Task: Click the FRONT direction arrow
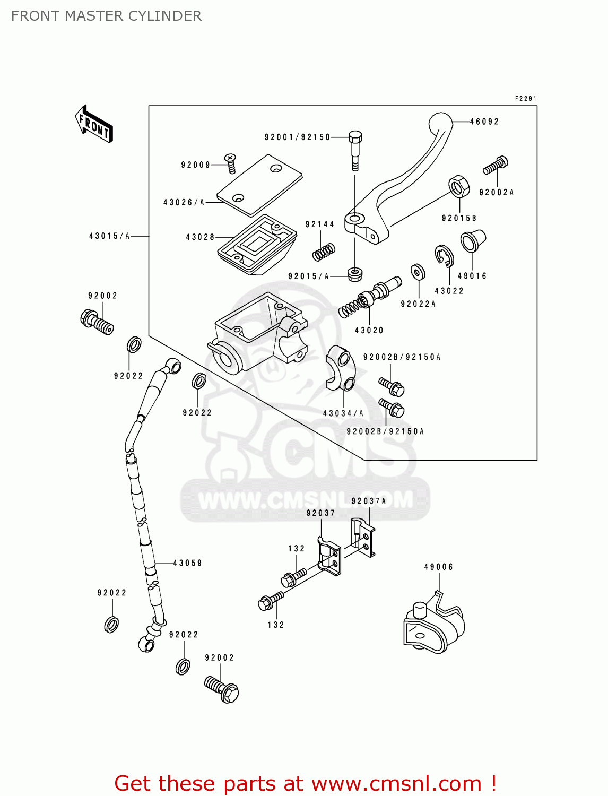94,124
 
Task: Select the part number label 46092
484,122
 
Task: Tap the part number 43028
200,237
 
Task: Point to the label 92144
320,224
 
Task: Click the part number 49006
439,567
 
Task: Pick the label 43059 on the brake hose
188,563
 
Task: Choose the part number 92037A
369,501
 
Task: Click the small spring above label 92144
324,252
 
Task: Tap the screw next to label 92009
230,162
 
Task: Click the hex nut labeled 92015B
459,186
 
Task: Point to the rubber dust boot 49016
472,241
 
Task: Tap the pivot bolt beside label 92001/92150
355,150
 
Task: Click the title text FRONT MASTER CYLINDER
106,16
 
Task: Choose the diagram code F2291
525,99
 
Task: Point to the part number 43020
369,330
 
